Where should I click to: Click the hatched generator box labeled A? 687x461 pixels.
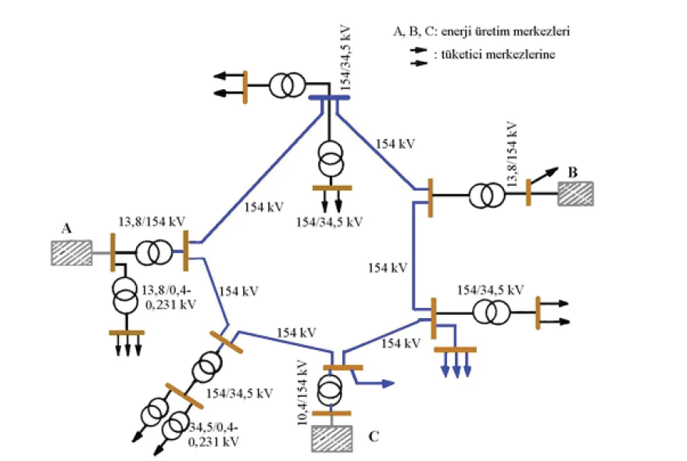click(72, 253)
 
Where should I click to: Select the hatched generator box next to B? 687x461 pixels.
click(576, 194)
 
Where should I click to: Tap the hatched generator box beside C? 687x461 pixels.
click(331, 438)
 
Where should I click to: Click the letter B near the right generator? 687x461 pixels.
click(573, 172)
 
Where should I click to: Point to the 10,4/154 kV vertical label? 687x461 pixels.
click(302, 393)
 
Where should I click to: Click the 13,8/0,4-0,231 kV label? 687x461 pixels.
click(169, 297)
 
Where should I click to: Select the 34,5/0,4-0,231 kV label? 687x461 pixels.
click(213, 434)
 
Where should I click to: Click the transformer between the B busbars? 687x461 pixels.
click(487, 195)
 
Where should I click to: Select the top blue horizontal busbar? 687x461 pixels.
click(329, 98)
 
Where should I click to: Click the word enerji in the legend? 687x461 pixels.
click(456, 32)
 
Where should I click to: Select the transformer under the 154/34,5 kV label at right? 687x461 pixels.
click(492, 313)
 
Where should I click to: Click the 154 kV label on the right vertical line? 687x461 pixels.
click(388, 268)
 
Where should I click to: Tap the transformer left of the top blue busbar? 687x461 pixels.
click(287, 85)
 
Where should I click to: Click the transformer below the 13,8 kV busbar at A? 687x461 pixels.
click(125, 295)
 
